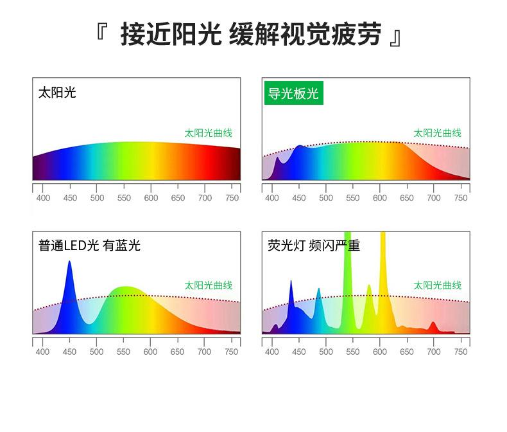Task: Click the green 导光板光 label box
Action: click(293, 93)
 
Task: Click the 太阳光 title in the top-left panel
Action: click(57, 93)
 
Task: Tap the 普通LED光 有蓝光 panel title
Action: click(89, 246)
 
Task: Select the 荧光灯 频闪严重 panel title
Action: click(314, 246)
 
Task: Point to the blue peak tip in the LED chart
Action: click(69, 262)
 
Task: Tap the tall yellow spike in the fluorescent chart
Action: click(383, 275)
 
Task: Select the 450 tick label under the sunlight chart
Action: click(70, 198)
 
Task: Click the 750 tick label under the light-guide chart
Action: click(461, 198)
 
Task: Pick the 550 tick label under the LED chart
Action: click(123, 352)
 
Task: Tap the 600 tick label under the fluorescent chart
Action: click(379, 352)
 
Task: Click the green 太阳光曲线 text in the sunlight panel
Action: click(208, 133)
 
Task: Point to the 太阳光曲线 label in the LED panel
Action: click(208, 285)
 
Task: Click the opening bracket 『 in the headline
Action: click(101, 32)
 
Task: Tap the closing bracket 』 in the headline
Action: click(396, 37)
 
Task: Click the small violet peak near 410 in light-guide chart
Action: click(277, 159)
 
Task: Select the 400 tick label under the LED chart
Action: click(43, 352)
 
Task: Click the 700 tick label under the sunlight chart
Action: click(205, 198)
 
